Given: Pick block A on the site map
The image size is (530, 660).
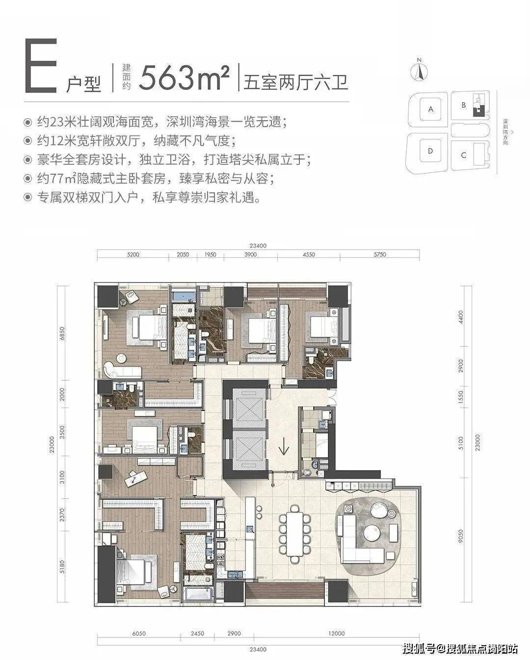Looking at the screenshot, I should [x=431, y=109].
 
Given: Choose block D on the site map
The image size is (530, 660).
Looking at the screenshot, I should [x=430, y=151].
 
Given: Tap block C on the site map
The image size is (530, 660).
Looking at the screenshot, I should [x=464, y=155].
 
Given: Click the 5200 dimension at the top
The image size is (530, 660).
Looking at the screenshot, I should [x=133, y=255].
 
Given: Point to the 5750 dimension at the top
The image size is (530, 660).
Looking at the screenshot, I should [x=380, y=255].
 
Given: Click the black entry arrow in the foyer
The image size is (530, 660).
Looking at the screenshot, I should [x=283, y=447].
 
